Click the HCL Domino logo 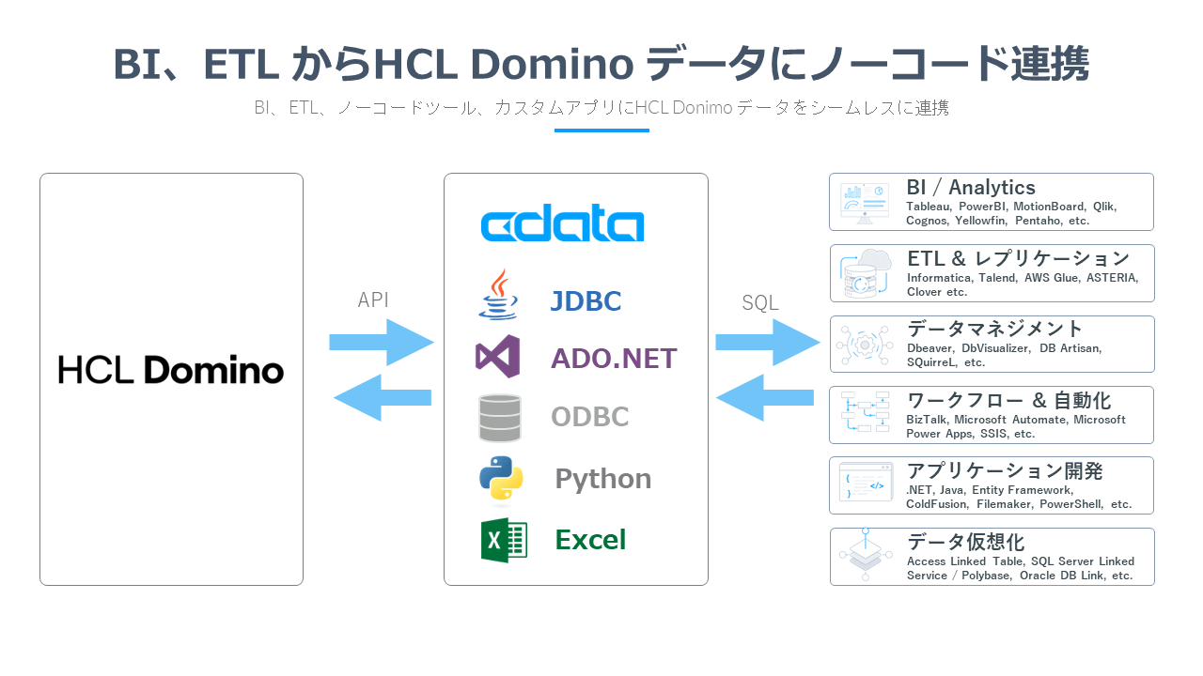click(x=171, y=370)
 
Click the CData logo click(x=562, y=225)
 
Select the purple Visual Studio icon click(x=498, y=357)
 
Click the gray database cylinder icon click(x=499, y=418)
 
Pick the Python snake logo click(x=501, y=480)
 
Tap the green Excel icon click(x=504, y=540)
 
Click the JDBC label click(x=586, y=301)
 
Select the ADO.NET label click(x=614, y=359)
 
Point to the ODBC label click(x=589, y=417)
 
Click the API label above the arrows click(x=373, y=300)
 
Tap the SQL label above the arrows click(x=760, y=303)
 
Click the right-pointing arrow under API click(x=382, y=343)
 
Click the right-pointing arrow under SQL click(x=767, y=343)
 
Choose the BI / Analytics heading click(x=970, y=188)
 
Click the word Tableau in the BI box click(x=929, y=207)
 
